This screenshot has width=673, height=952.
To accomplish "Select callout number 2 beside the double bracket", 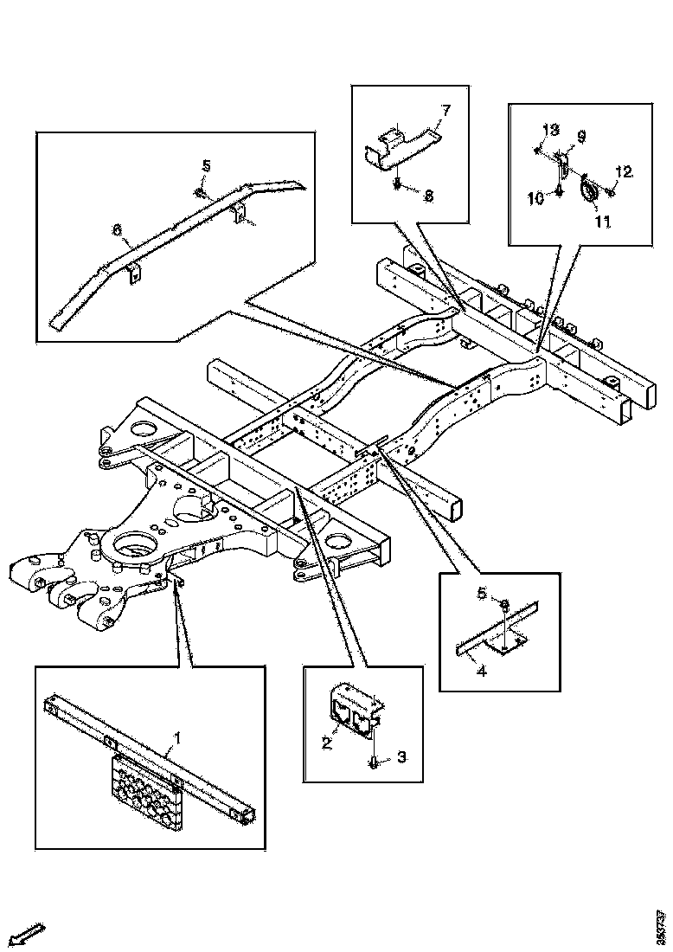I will click(x=327, y=742).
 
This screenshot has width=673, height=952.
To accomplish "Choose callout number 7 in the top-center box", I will click(x=446, y=110).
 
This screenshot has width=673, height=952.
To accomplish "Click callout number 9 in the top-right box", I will click(x=580, y=136).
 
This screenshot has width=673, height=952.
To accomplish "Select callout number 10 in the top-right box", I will click(x=535, y=198).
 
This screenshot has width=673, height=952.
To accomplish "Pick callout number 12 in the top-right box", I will click(x=624, y=171).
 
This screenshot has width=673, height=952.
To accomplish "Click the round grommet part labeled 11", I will click(x=588, y=193).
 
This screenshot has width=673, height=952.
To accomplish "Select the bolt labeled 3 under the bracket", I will click(x=374, y=761).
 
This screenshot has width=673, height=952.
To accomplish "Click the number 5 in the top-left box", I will click(x=207, y=165).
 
